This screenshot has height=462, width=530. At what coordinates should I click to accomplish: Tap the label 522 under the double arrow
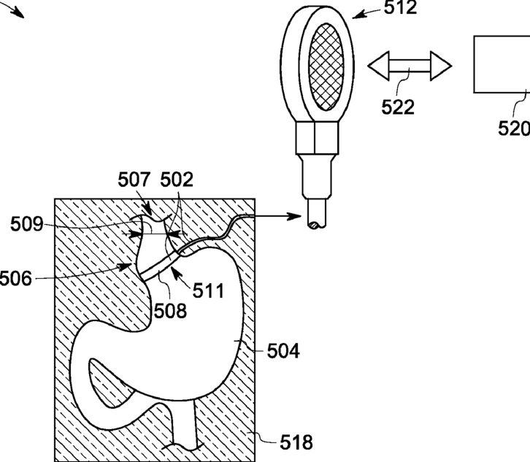pos(398,107)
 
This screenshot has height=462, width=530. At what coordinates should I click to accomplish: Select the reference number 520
pos(514,128)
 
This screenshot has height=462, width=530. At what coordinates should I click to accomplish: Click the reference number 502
pos(176,180)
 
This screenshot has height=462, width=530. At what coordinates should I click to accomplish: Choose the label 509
pos(26,224)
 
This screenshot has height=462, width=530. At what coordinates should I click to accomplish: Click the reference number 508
pos(170,309)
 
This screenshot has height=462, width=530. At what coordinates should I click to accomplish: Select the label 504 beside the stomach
pos(283,353)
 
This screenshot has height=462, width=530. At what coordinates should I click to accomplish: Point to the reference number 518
pos(296,442)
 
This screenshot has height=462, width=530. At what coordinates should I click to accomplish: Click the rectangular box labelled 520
pos(502,64)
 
